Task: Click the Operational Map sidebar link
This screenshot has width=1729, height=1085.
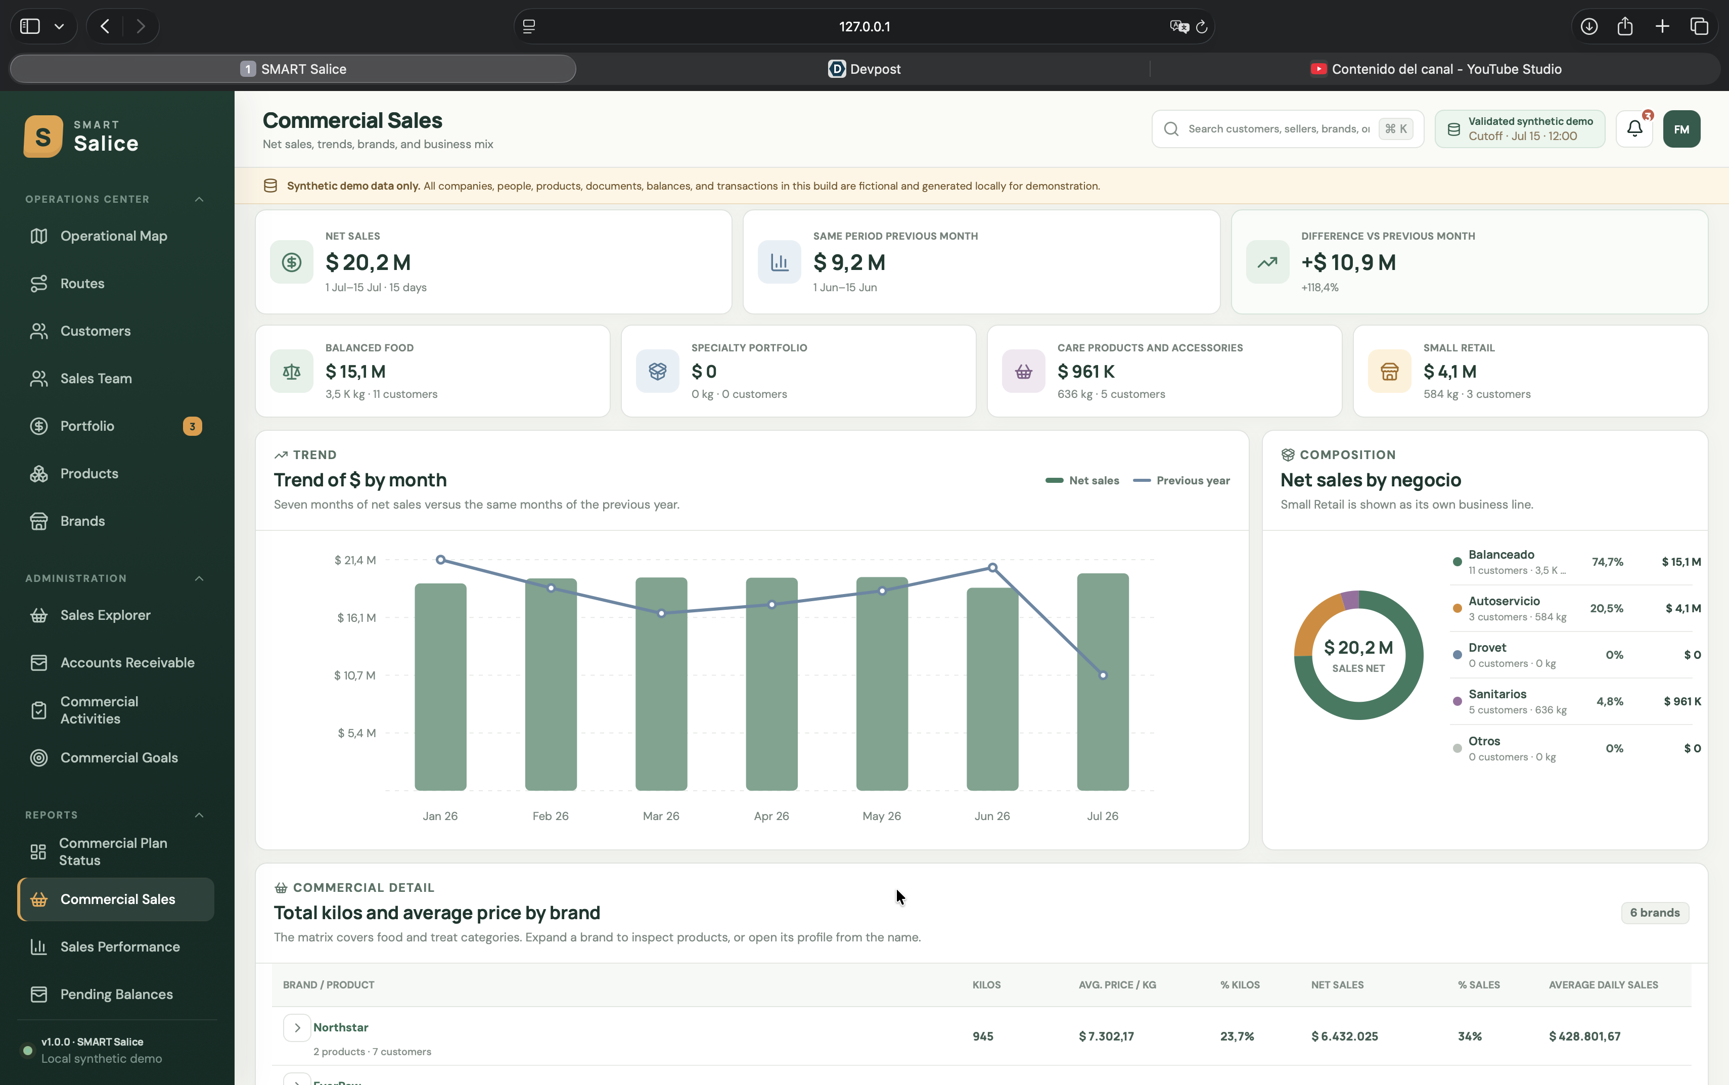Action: point(113,236)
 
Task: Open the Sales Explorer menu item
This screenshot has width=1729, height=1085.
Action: point(105,615)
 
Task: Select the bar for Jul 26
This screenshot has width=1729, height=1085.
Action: point(1103,682)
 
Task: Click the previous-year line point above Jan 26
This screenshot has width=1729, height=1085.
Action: point(440,560)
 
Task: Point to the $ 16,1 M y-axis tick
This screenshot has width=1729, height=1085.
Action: point(356,618)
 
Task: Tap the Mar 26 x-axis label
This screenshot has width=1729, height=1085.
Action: point(661,816)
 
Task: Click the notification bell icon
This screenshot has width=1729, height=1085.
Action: point(1634,129)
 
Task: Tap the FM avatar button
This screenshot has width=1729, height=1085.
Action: point(1681,129)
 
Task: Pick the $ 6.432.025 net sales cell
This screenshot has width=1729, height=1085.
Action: point(1344,1036)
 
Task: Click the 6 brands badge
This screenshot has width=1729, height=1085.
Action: point(1654,913)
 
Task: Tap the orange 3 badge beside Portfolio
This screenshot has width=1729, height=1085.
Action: point(192,426)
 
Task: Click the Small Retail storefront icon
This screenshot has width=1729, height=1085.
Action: point(1389,372)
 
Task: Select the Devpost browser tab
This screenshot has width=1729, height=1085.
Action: point(864,69)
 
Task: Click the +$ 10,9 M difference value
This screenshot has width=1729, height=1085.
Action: point(1348,262)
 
